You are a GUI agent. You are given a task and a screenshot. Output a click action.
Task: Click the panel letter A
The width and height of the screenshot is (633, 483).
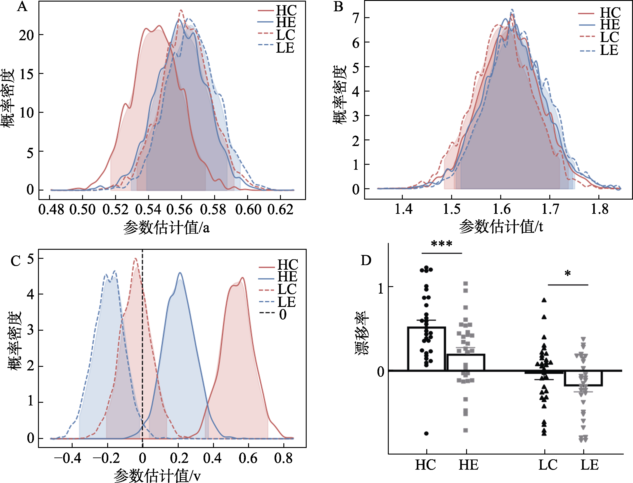coord(22,6)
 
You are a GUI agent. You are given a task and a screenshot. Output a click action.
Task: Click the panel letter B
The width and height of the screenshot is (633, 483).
coord(338,6)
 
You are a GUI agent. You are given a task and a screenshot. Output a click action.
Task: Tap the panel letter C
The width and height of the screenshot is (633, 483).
coord(16,261)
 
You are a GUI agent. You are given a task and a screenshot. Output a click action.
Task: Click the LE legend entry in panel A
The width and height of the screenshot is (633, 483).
coord(285,48)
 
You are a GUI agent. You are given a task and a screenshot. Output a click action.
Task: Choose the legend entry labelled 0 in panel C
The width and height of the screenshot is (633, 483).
coord(283,314)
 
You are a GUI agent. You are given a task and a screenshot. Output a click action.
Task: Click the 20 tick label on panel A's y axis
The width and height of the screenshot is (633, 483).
coord(26,35)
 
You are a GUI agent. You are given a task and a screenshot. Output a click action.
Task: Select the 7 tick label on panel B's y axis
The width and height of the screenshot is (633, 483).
coord(356,18)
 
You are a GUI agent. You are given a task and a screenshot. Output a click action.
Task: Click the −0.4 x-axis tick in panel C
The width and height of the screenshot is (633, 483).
coord(68,458)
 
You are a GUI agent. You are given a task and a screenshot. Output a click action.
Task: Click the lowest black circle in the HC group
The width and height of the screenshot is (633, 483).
coord(426,434)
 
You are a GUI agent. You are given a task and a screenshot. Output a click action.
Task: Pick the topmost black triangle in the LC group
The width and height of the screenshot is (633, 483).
coord(544,300)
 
